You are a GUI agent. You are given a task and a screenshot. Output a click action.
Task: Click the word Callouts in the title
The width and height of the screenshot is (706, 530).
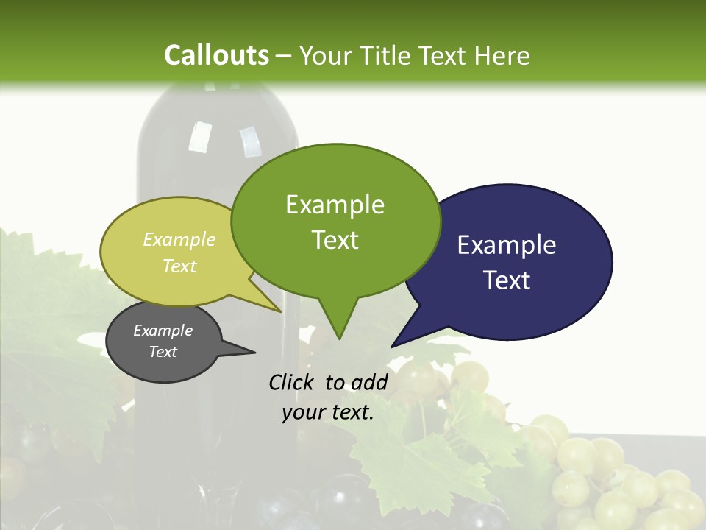point(216,55)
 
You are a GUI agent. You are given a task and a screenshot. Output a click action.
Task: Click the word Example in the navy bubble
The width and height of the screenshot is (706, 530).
point(506,245)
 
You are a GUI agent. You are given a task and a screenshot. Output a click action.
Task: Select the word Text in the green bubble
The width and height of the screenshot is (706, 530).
point(335,240)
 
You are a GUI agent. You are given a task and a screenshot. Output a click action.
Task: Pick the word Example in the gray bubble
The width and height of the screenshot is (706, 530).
point(163,331)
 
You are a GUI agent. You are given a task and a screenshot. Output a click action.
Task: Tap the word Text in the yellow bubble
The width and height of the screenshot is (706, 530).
point(179,266)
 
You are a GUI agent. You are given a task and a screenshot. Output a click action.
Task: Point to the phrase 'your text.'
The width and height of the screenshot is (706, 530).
point(328,413)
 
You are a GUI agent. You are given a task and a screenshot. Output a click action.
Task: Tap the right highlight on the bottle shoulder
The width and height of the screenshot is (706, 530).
point(250,141)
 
